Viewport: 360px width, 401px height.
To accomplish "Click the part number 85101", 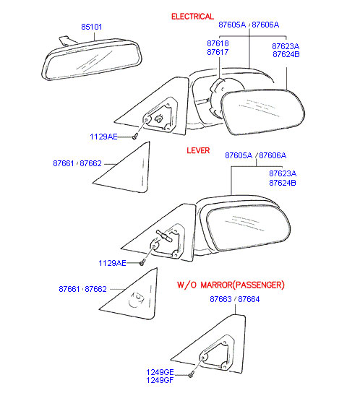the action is tap(92, 27).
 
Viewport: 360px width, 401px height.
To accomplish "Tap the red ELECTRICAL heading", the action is tap(192, 17).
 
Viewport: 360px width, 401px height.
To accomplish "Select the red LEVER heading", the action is tap(198, 150).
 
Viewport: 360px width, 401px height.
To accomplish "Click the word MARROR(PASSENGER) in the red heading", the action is tap(243, 285).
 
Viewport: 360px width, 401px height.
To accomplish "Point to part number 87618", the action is tap(218, 43).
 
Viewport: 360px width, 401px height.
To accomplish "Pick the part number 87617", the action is tap(218, 52).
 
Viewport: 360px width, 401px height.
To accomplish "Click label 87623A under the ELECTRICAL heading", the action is tap(286, 46).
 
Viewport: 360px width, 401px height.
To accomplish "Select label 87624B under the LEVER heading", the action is tap(283, 183).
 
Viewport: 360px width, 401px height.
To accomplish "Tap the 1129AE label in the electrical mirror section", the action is tap(103, 137).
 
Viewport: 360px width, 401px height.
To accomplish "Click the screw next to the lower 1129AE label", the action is tap(142, 262).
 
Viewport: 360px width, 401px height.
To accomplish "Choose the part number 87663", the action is tap(220, 299).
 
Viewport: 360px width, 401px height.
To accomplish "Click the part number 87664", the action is tap(249, 299).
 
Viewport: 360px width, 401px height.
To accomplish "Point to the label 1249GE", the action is tap(160, 372).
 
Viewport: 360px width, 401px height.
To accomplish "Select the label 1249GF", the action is tap(160, 380).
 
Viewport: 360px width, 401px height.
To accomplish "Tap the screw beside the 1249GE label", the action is tap(191, 375).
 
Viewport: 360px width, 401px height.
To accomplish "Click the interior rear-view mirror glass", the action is tap(93, 61).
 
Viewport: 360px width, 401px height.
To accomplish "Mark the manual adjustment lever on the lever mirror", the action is tap(164, 236).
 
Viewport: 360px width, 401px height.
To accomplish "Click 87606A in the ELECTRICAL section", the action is tap(265, 25).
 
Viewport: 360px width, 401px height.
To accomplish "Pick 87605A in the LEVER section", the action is tap(239, 155).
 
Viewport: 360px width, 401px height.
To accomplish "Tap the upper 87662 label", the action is tap(90, 163).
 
